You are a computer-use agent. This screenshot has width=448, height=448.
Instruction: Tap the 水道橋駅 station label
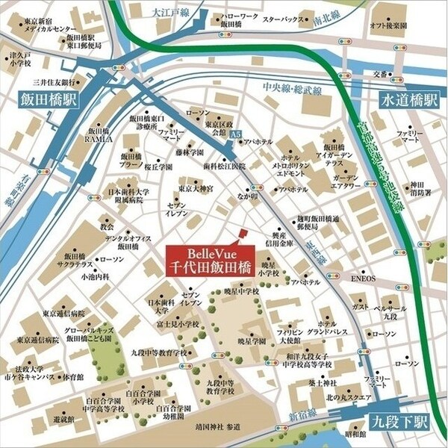tap(408, 99)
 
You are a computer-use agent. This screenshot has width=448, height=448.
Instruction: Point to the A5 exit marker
tap(236, 132)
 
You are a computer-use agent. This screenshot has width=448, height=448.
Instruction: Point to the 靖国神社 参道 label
tap(217, 428)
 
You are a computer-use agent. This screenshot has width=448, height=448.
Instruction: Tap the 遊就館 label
tap(43, 420)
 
